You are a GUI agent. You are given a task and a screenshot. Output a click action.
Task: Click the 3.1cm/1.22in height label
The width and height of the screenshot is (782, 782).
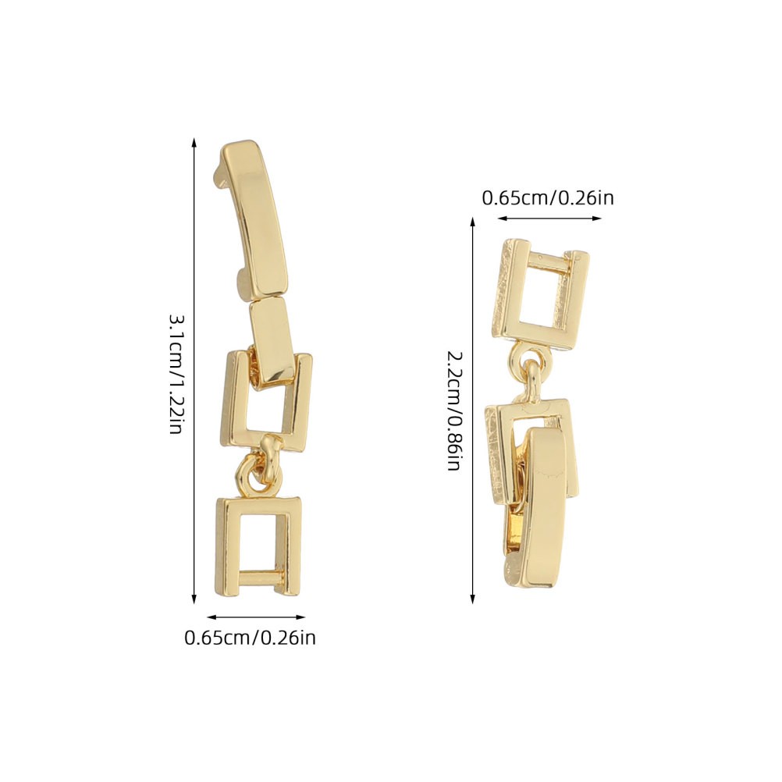click(x=176, y=374)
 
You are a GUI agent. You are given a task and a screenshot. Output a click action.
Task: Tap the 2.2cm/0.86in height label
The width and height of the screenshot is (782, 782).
click(x=453, y=411)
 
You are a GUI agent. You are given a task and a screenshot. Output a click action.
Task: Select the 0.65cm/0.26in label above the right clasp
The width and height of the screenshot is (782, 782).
click(x=548, y=198)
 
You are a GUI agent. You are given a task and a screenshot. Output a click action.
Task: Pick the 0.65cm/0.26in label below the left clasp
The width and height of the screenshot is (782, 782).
click(x=250, y=638)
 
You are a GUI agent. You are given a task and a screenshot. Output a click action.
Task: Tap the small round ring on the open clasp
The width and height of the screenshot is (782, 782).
click(x=255, y=476)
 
